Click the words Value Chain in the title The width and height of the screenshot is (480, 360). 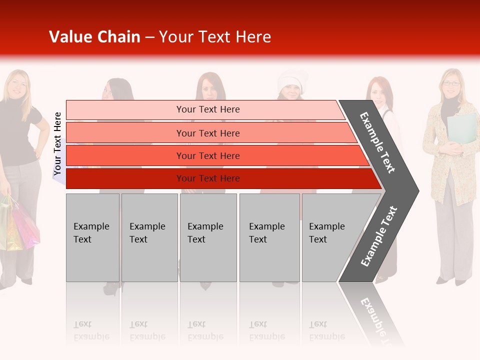pos(94,37)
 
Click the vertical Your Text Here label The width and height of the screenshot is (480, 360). pos(57,143)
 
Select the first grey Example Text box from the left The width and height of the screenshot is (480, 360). pos(92,237)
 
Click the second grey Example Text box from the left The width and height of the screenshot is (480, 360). pos(149,237)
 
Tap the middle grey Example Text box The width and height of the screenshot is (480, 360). pos(208,237)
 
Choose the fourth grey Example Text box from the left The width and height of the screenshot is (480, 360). pos(269,237)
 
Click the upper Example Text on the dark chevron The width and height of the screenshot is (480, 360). pos(377,142)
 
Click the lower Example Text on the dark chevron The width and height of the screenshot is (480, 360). pos(378,236)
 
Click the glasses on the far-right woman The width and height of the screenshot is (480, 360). pos(451,83)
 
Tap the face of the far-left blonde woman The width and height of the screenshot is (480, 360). pos(18,85)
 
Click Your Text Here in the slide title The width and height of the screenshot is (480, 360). pos(215,37)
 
